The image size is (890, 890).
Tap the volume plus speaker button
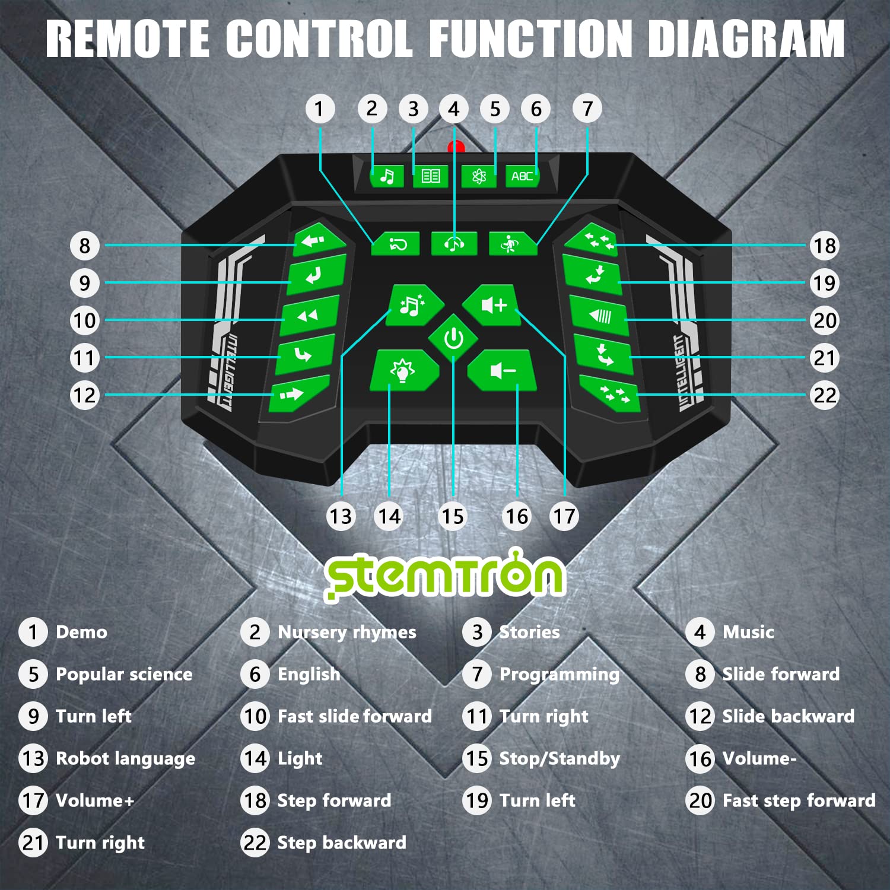pos(492,306)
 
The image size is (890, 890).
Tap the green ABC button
pos(522,176)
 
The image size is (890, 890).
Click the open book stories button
pos(430,176)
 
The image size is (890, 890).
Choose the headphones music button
pos(454,243)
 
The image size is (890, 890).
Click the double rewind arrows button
pos(309,316)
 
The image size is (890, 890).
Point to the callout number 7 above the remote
pos(587,109)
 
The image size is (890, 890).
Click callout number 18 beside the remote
pos(824,246)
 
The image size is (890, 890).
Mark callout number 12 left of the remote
pos(84,395)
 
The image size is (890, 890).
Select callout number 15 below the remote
pos(453,516)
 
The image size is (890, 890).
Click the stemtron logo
pos(445,574)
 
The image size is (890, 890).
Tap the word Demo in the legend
pos(81,632)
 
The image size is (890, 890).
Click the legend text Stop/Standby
pos(560,758)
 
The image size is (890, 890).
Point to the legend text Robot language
pos(125,758)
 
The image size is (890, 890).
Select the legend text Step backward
pos(342,843)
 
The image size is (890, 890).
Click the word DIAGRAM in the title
pos(746,39)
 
